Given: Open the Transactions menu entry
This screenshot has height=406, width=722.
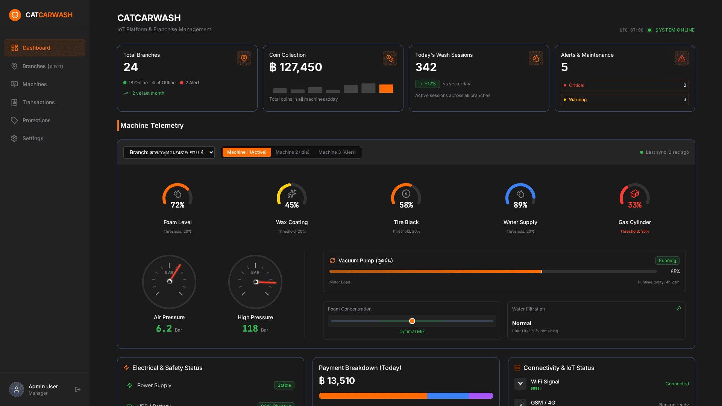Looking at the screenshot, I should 38,102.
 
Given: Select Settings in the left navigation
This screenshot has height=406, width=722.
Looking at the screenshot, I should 33,138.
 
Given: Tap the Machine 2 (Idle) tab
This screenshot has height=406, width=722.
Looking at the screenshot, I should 292,152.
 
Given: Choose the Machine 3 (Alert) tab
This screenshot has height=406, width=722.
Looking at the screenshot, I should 337,152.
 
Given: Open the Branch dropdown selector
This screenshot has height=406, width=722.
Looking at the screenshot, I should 169,152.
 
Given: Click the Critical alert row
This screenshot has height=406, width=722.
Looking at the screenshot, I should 625,85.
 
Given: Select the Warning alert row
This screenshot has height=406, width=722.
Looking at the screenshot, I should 625,100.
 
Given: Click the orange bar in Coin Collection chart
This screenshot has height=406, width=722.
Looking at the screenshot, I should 386,89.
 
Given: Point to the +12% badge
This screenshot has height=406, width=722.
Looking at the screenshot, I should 427,84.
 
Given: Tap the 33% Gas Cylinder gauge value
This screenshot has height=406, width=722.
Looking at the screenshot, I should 634,205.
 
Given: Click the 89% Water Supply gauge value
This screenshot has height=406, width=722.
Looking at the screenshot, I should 520,205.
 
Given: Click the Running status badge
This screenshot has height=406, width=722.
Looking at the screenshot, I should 667,261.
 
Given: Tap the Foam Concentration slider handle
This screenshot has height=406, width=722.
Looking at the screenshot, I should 412,321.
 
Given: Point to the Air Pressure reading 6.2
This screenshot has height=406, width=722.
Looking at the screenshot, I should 164,329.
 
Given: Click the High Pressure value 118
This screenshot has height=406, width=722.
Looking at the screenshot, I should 250,329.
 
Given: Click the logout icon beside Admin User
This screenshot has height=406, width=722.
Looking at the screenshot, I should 78,389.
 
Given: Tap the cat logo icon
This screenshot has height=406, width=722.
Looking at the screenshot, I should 15,15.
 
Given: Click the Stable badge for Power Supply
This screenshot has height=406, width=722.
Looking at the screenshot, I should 284,385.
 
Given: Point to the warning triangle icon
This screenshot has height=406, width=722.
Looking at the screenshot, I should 681,58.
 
